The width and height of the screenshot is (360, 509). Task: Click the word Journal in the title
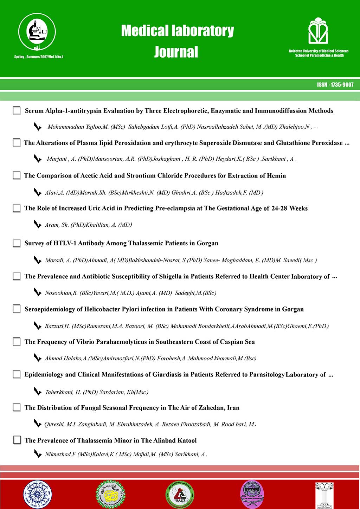(x=176, y=52)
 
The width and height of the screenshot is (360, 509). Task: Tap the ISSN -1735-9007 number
(x=335, y=85)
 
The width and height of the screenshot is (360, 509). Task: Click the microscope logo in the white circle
(x=37, y=32)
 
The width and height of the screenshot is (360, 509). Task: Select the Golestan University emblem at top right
(x=318, y=31)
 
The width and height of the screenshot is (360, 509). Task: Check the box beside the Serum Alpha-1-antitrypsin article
(x=17, y=110)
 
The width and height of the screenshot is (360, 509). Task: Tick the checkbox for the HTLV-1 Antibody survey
(x=17, y=243)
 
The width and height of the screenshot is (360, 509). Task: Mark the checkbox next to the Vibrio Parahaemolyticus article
(x=17, y=341)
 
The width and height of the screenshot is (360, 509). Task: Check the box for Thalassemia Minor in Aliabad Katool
(x=17, y=440)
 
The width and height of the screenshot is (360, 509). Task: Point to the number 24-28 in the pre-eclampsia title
(x=279, y=208)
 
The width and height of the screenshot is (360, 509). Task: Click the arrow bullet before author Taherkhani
(x=37, y=391)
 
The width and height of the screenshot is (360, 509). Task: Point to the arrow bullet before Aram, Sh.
(x=37, y=224)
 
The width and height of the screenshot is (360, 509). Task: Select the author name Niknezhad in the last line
(x=58, y=454)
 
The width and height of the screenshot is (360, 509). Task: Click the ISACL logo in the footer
(x=180, y=495)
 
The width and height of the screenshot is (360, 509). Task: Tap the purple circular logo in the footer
(x=252, y=494)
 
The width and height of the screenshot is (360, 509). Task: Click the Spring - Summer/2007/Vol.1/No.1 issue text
(x=39, y=57)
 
